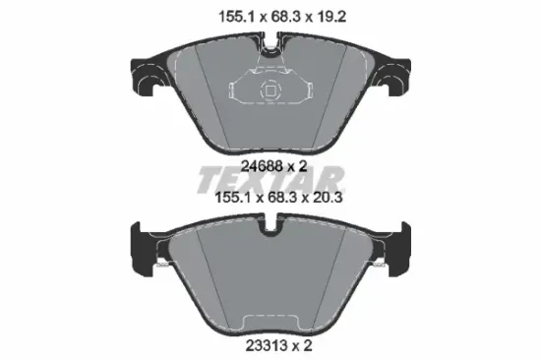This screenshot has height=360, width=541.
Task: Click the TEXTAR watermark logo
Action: click(270, 179)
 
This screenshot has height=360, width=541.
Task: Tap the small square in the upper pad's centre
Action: click(270, 90)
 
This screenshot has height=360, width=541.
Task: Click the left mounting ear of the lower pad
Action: click(144, 249)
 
